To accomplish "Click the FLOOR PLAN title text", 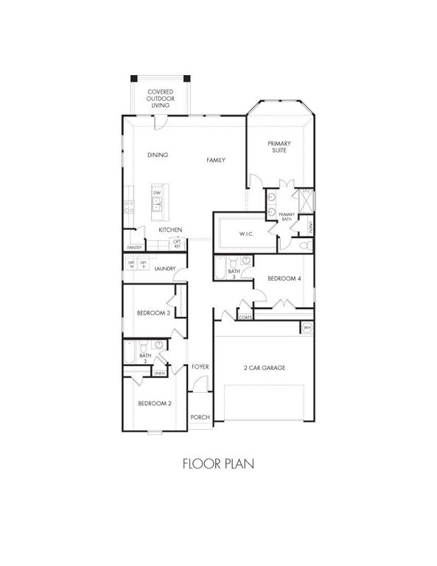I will pyautogui.click(x=218, y=464).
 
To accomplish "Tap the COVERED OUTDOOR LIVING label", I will pyautogui.click(x=160, y=99).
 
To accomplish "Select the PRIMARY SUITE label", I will pyautogui.click(x=279, y=147).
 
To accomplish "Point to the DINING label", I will pyautogui.click(x=158, y=155).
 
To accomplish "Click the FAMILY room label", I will pyautogui.click(x=216, y=160).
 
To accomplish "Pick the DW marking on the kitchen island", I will pyautogui.click(x=157, y=193).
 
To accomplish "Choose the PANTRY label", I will pyautogui.click(x=134, y=248).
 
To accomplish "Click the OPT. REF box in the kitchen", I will pyautogui.click(x=177, y=244).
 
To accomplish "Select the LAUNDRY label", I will pyautogui.click(x=165, y=269).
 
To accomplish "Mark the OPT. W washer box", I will pyautogui.click(x=131, y=264).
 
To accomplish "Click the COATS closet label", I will pyautogui.click(x=245, y=317).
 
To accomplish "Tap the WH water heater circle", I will pyautogui.click(x=307, y=327).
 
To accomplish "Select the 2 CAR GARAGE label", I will pyautogui.click(x=264, y=368).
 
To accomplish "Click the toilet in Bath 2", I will pyautogui.click(x=158, y=345).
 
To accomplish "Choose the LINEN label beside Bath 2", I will pyautogui.click(x=159, y=374).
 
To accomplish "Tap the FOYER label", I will pyautogui.click(x=200, y=366).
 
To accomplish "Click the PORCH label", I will pyautogui.click(x=200, y=417).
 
